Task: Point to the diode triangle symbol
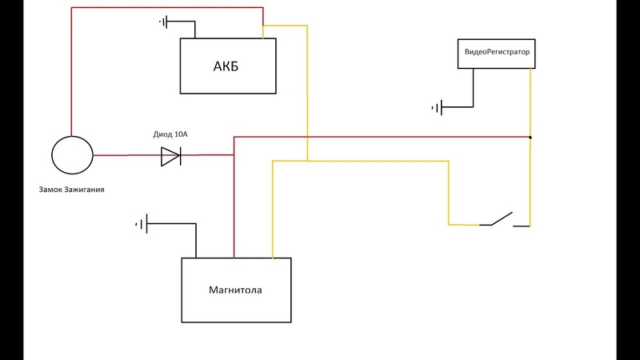[x=171, y=156]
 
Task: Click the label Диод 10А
[x=170, y=134]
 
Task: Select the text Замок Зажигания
[x=71, y=190]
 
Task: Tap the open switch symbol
[x=505, y=219]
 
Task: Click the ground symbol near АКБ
[x=163, y=22]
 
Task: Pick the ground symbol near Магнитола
[x=142, y=224]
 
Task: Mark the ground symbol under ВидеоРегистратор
[x=437, y=108]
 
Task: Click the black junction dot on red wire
[x=530, y=137]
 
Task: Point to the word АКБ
[x=226, y=66]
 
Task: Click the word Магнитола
[x=235, y=290]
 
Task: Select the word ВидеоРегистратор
[x=497, y=52]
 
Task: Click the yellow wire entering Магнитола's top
[x=273, y=209]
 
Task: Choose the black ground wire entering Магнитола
[x=196, y=241]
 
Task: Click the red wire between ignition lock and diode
[x=127, y=155]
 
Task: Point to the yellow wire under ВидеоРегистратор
[x=530, y=102]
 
